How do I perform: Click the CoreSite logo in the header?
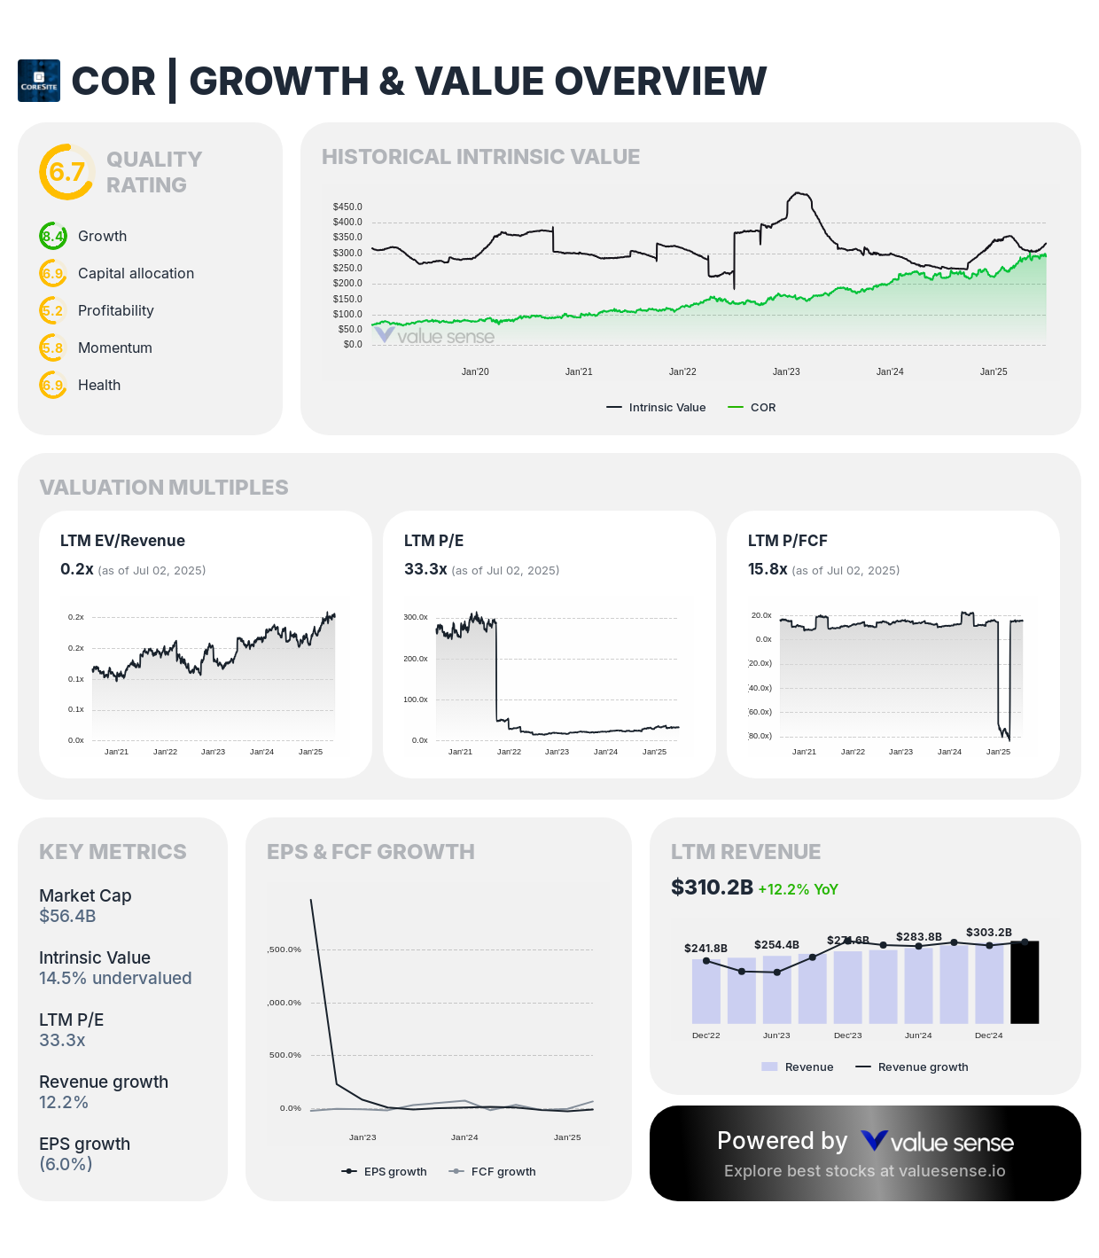(x=39, y=81)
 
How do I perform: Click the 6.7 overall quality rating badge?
(x=66, y=172)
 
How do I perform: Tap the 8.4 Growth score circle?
(x=53, y=237)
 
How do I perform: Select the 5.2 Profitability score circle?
(x=53, y=311)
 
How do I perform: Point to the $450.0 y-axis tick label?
(x=347, y=207)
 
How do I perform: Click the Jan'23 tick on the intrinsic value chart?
(x=786, y=372)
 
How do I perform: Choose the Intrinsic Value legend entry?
(x=656, y=408)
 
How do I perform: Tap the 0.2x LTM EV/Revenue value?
(x=76, y=569)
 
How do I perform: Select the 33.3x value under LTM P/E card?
(x=425, y=569)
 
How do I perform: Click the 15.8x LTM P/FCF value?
(x=768, y=569)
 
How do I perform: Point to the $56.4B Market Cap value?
(x=67, y=917)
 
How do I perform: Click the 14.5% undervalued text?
(x=115, y=979)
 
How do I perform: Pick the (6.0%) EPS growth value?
(x=66, y=1165)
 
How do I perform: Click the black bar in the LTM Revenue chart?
(x=1025, y=982)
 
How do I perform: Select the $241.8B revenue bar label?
(x=705, y=949)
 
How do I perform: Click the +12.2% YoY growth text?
(x=798, y=889)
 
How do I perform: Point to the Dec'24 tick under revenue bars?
(x=988, y=1035)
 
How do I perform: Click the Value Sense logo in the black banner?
(x=938, y=1142)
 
